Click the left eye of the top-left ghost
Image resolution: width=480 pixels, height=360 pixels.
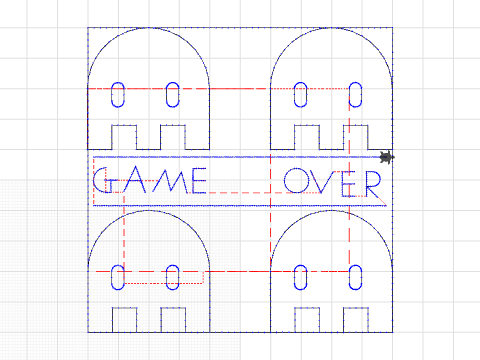click(x=118, y=94)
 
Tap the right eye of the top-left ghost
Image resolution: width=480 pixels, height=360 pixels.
click(x=172, y=94)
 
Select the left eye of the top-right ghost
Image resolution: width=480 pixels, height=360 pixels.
click(x=300, y=94)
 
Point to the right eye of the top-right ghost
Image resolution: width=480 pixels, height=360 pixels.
click(x=354, y=94)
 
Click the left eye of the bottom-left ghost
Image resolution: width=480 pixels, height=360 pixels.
click(x=118, y=276)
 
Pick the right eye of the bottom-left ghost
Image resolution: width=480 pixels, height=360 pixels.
click(x=172, y=276)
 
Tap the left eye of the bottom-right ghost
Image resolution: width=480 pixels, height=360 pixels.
click(x=300, y=276)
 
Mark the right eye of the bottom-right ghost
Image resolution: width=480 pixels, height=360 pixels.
click(x=354, y=276)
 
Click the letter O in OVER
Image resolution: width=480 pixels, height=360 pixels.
click(x=297, y=181)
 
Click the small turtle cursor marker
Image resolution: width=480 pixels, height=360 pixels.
click(x=387, y=157)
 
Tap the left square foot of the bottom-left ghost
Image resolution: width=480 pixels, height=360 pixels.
click(x=123, y=319)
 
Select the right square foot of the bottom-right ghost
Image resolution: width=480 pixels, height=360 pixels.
click(x=358, y=319)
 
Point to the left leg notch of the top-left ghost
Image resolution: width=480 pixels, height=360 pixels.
click(x=123, y=136)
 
